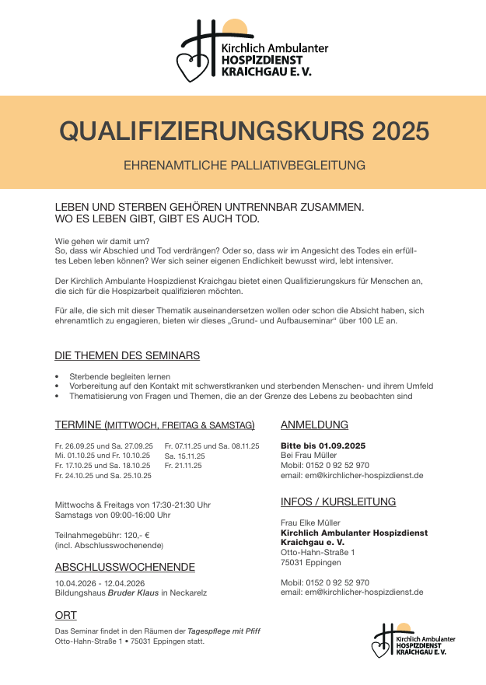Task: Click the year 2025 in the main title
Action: coord(400,131)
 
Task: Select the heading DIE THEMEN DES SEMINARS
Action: coord(127,355)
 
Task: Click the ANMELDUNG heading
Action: coord(314,425)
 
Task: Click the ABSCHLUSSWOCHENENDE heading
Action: coord(125,567)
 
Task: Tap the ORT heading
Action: coord(65,615)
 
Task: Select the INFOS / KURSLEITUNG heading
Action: coord(338,502)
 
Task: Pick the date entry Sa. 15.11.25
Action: coord(184,456)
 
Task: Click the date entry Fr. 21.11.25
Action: coord(184,465)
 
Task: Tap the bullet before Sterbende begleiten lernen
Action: coord(58,376)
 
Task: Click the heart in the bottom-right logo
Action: coord(379,648)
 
